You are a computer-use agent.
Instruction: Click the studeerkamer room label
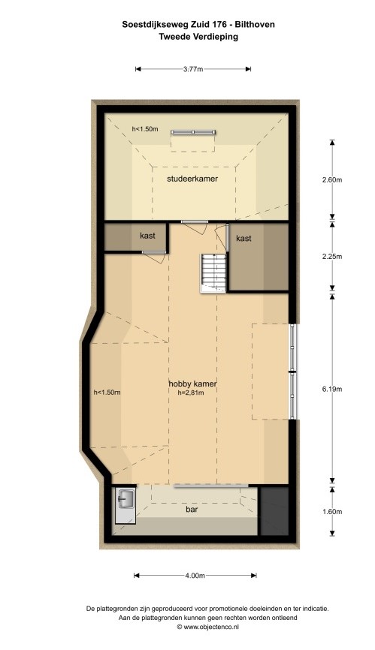[192, 179]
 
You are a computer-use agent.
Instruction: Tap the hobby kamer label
[192, 384]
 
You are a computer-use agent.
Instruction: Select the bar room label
[192, 510]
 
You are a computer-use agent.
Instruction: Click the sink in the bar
[126, 498]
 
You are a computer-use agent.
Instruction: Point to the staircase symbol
[213, 272]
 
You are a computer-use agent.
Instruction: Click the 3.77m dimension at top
[193, 69]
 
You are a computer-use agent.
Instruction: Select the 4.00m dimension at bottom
[195, 576]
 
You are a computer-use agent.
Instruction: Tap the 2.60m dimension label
[332, 180]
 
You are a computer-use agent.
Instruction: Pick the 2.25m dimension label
[332, 256]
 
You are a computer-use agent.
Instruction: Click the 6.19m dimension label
[332, 389]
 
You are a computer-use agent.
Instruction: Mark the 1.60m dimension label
[332, 512]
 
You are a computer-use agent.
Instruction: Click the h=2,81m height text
[191, 393]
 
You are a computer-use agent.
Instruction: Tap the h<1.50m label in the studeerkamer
[145, 129]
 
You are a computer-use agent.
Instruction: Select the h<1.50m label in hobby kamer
[107, 392]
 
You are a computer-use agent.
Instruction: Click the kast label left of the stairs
[148, 236]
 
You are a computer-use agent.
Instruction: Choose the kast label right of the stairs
[243, 239]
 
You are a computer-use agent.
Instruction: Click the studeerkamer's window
[193, 132]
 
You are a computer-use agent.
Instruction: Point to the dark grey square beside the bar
[274, 510]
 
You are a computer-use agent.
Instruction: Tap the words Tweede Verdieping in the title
[198, 37]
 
